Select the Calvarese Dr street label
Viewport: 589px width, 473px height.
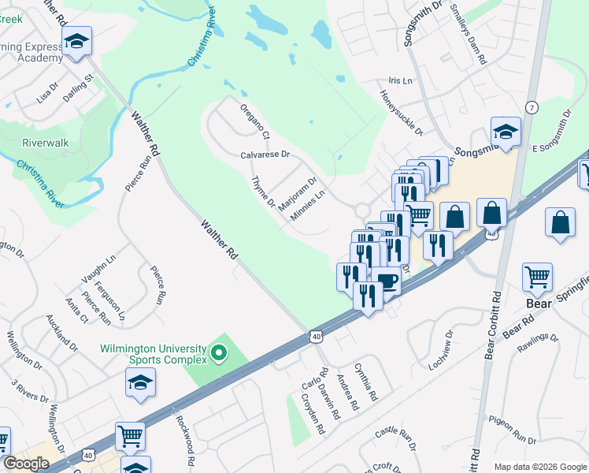pos(265,155)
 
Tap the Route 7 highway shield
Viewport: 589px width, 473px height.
pos(532,108)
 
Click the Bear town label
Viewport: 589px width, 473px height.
pos(538,303)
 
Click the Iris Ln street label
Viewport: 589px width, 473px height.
pos(401,81)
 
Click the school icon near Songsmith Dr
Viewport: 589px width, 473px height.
pos(506,132)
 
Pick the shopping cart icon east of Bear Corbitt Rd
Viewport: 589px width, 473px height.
pos(538,277)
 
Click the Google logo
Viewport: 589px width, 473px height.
pos(27,463)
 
